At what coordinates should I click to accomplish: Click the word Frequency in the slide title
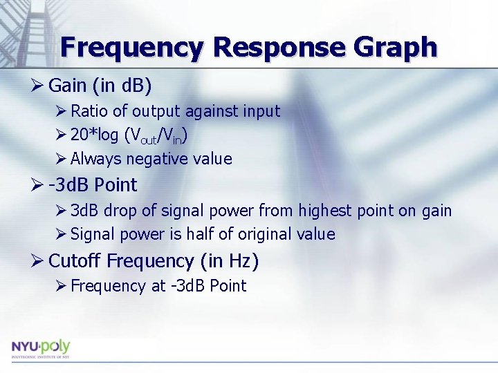[132, 47]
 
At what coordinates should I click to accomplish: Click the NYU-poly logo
[41, 348]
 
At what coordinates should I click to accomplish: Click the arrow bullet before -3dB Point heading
[38, 185]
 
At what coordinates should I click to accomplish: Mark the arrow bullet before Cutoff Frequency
[38, 261]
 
